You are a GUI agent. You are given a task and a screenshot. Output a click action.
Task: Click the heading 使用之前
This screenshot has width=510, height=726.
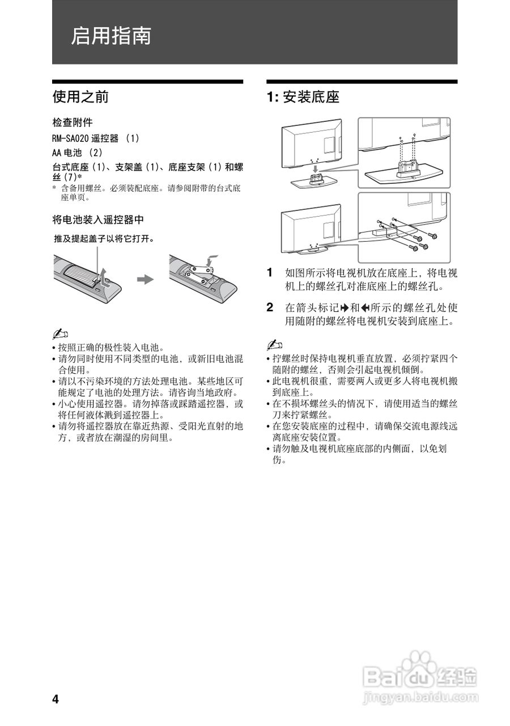80,97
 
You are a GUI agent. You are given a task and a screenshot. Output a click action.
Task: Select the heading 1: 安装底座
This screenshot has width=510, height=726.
303,97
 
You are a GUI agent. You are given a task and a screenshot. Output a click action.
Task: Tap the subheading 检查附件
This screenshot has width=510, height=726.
73,123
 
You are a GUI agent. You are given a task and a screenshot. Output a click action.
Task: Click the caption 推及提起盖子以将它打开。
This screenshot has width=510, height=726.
104,239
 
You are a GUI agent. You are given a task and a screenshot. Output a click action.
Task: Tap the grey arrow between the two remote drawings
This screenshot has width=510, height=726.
146,280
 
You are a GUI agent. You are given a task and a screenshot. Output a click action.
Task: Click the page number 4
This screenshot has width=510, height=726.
56,699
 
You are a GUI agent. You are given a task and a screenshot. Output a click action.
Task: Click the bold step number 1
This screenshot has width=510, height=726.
270,272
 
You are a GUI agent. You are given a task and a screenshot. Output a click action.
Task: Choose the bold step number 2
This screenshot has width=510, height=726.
270,308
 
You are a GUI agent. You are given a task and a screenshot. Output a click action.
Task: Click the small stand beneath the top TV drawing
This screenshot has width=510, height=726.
313,181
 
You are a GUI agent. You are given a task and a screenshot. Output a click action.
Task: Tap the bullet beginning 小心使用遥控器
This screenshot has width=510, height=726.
147,404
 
